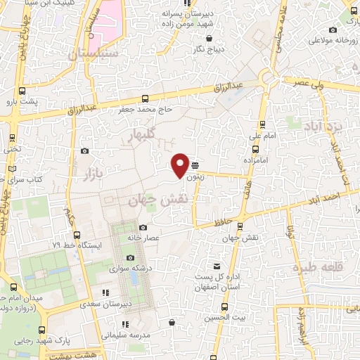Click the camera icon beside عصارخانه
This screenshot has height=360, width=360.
tap(143, 227)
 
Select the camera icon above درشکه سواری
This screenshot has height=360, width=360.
tap(131, 257)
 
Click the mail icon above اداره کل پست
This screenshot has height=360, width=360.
tap(218, 266)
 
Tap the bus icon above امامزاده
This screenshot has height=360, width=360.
tap(255, 149)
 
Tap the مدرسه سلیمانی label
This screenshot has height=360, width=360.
tap(126, 335)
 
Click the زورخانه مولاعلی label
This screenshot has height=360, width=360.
tap(327, 41)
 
